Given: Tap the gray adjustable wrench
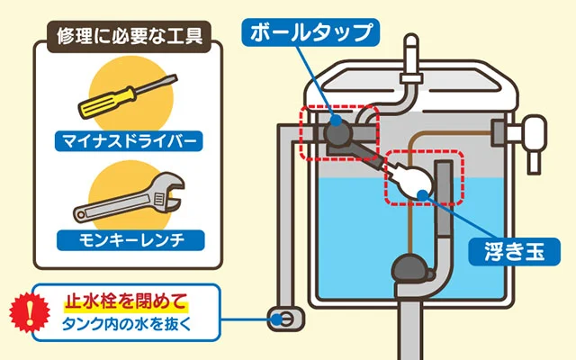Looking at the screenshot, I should pyautogui.click(x=126, y=200).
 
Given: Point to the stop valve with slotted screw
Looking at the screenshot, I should pyautogui.click(x=281, y=319).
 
